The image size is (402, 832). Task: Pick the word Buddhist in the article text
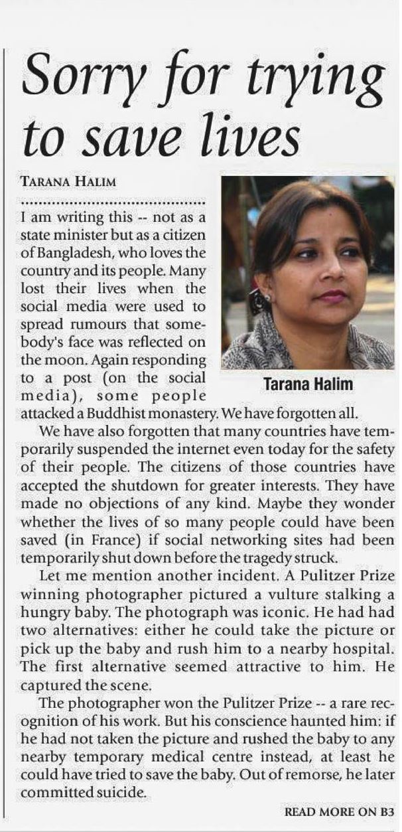click(135, 413)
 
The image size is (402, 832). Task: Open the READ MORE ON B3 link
click(340, 811)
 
